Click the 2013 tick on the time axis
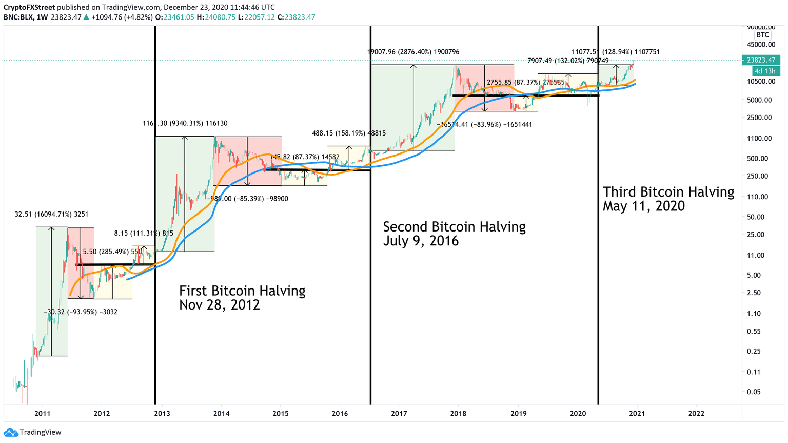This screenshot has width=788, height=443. click(162, 413)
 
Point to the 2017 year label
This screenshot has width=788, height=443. click(399, 413)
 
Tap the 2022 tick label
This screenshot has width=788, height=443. click(696, 413)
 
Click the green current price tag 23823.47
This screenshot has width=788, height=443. click(761, 60)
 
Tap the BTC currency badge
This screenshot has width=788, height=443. click(763, 35)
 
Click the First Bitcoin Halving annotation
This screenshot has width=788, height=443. click(242, 298)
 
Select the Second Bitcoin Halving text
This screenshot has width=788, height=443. click(454, 234)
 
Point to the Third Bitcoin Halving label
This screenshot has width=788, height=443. click(668, 199)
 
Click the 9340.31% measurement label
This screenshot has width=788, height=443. click(185, 123)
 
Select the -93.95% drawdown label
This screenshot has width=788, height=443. click(81, 312)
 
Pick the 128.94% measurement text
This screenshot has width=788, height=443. click(616, 52)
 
